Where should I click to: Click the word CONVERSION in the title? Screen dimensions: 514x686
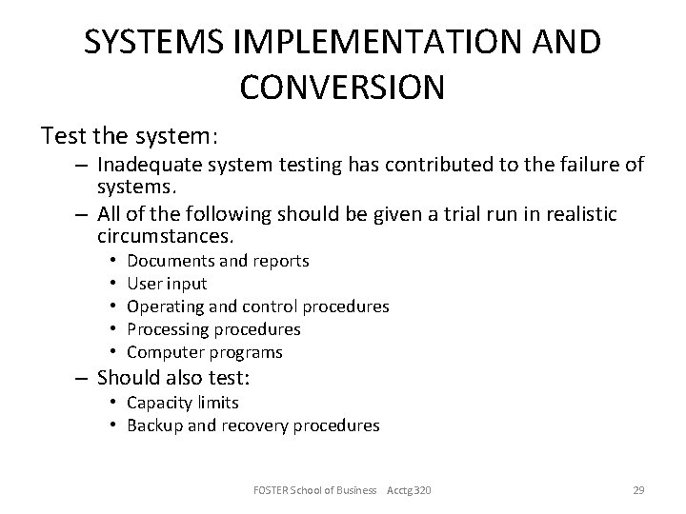click(342, 87)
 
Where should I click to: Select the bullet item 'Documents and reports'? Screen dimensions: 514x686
click(217, 260)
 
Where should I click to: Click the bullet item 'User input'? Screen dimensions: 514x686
click(167, 283)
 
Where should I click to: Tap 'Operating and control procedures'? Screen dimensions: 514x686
click(257, 306)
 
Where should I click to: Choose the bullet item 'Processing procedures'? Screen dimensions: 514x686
click(213, 329)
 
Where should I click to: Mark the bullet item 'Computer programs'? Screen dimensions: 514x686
click(205, 352)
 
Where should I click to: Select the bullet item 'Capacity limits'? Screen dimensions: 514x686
click(183, 403)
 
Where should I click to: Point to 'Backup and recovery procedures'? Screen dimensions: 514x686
click(252, 425)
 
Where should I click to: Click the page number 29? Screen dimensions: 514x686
click(638, 490)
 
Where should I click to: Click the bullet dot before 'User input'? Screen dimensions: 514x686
click(112, 283)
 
